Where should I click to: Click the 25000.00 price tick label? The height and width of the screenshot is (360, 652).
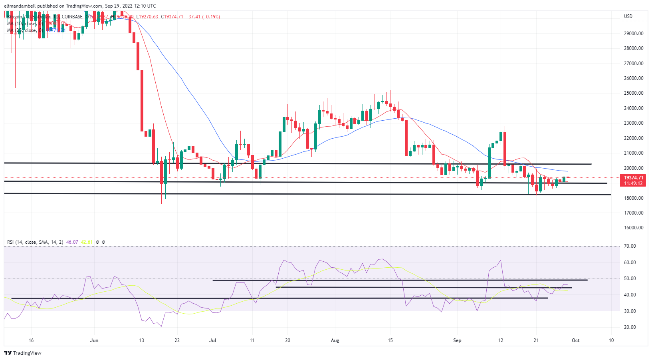pyautogui.click(x=633, y=93)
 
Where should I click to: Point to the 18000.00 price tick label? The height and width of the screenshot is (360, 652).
pyautogui.click(x=633, y=198)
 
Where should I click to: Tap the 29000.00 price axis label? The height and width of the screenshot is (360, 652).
pyautogui.click(x=633, y=34)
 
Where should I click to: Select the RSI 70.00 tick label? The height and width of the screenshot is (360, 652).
pyautogui.click(x=630, y=246)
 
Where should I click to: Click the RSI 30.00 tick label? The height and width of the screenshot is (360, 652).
pyautogui.click(x=630, y=311)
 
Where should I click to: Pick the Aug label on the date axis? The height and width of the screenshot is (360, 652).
pyautogui.click(x=335, y=340)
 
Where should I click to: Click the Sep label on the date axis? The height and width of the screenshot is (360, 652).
pyautogui.click(x=457, y=340)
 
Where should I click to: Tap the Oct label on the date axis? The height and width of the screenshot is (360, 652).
pyautogui.click(x=575, y=340)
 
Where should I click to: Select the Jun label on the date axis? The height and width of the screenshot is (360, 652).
pyautogui.click(x=94, y=340)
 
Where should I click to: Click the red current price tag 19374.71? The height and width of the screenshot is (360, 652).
pyautogui.click(x=634, y=178)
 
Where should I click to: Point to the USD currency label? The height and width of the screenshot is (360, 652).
pyautogui.click(x=628, y=16)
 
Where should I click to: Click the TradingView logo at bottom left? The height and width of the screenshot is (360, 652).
pyautogui.click(x=23, y=353)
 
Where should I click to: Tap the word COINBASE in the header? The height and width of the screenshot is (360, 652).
pyautogui.click(x=72, y=17)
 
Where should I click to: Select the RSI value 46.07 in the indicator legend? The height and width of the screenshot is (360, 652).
pyautogui.click(x=72, y=242)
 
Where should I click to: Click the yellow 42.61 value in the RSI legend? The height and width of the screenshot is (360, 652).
pyautogui.click(x=87, y=242)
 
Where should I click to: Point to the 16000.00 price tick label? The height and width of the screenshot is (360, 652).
pyautogui.click(x=633, y=228)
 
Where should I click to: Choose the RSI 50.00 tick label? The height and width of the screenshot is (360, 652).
pyautogui.click(x=630, y=278)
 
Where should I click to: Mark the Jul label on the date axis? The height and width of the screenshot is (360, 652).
pyautogui.click(x=212, y=340)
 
